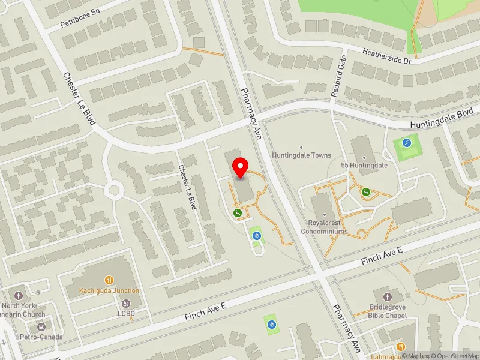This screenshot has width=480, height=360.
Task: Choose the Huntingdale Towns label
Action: click(301, 155)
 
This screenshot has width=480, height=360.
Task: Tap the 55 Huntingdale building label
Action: click(364, 165)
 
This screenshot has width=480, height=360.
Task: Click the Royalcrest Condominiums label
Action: click(324, 227)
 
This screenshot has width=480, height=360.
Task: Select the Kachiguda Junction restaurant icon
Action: click(109, 280)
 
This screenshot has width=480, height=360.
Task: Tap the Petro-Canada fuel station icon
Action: click(41, 327)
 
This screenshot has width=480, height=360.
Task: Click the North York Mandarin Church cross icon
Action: click(19, 296)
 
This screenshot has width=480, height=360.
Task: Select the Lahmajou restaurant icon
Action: click(400, 347)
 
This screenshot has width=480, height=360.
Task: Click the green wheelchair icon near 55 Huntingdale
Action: click(365, 192)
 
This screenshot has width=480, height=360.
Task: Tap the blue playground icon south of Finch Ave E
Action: click(272, 325)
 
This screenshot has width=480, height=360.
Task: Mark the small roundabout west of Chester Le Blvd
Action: click(112, 191)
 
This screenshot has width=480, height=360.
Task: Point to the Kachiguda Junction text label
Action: click(109, 290)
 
